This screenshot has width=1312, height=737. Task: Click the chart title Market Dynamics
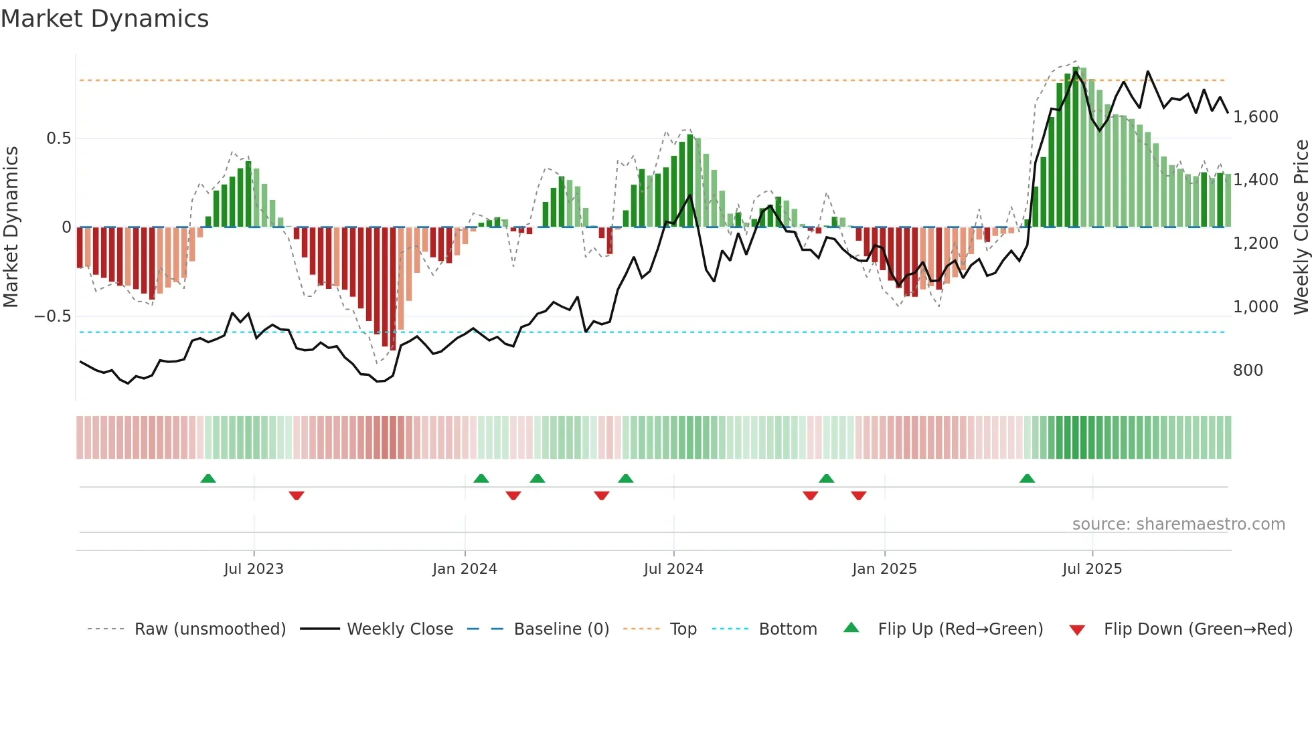(104, 19)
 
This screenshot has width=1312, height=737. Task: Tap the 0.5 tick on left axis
(58, 138)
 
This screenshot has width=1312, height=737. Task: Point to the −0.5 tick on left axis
(53, 316)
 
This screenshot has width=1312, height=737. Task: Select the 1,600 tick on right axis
(1255, 117)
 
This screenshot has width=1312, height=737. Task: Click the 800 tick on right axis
(1248, 371)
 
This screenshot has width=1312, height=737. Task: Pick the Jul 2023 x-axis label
(254, 569)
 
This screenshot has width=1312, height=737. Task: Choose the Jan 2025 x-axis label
(884, 569)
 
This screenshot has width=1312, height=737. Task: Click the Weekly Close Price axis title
(1301, 227)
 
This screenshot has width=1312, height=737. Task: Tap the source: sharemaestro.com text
(1178, 524)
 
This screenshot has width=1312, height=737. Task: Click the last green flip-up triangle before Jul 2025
(1027, 479)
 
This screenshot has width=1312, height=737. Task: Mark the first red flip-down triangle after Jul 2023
(297, 496)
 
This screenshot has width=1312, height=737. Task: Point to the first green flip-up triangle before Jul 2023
(208, 479)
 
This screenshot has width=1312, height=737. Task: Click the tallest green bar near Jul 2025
(1075, 147)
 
